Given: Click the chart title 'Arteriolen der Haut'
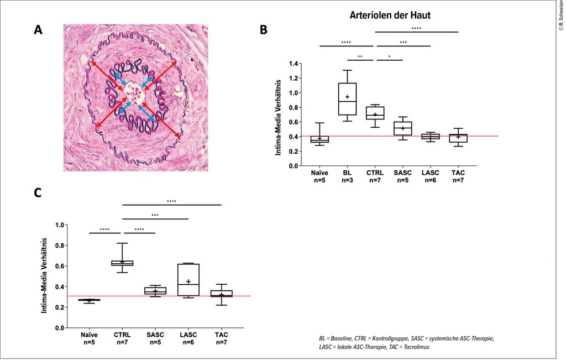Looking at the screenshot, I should (x=390, y=15).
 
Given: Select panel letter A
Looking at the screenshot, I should (x=38, y=30).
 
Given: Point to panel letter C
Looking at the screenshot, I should (x=38, y=192).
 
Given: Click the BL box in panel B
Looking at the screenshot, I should (x=347, y=99).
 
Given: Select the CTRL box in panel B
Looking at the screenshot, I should (x=375, y=113).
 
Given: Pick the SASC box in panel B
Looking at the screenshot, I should (x=403, y=128).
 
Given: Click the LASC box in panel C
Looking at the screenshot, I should (x=188, y=280).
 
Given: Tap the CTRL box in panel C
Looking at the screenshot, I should (x=122, y=263).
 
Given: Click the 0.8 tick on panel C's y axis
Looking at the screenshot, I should (x=60, y=246).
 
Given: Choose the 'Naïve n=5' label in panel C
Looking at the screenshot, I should (x=89, y=338).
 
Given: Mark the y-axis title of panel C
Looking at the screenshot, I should (x=44, y=276).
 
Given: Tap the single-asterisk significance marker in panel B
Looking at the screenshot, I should (x=389, y=56).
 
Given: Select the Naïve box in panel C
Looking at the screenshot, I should (x=89, y=300).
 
